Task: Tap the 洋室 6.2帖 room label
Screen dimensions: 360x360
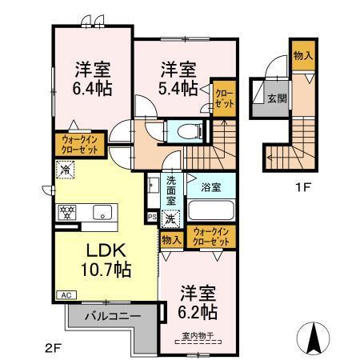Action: click(197, 300)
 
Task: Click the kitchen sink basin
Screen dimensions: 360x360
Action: click(101, 212)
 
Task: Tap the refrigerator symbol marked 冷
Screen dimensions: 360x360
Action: click(66, 170)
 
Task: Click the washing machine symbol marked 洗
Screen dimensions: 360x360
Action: click(170, 217)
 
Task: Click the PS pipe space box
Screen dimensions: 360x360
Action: click(153, 217)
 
